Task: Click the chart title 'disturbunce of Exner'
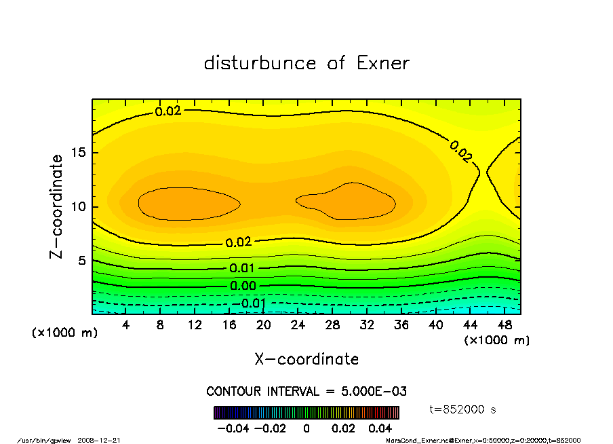click(306, 63)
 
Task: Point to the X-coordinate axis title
click(306, 358)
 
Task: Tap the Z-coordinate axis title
click(56, 206)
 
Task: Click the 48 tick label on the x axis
click(504, 325)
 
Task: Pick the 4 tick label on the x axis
click(126, 325)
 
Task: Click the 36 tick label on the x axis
click(401, 325)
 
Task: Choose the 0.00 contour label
click(243, 286)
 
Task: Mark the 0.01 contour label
click(243, 268)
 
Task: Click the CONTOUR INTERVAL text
click(306, 392)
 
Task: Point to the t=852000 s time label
click(464, 409)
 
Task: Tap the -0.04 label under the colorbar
click(227, 428)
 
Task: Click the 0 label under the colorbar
click(306, 428)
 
